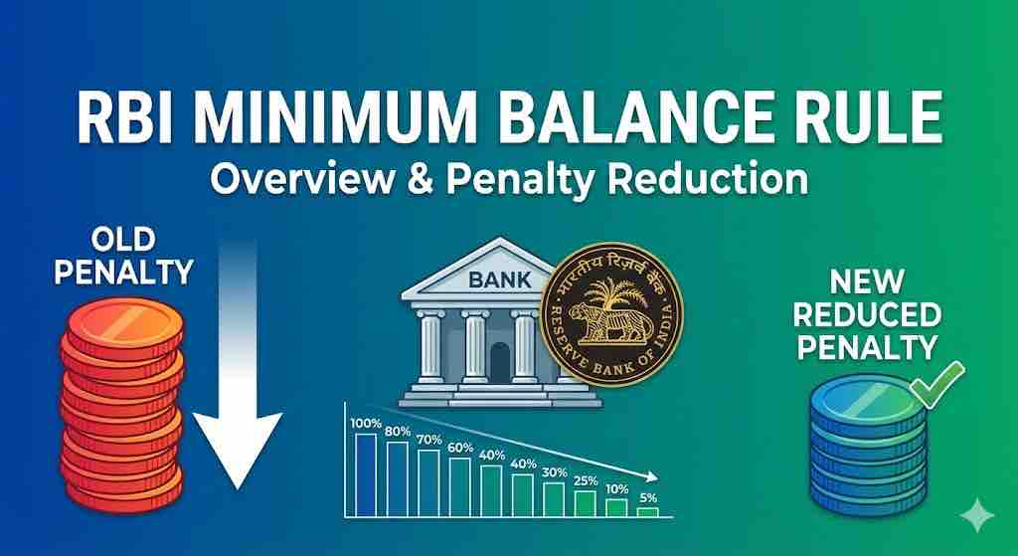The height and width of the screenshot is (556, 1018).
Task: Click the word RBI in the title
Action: (x=147, y=126)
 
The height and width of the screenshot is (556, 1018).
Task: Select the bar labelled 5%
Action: (x=647, y=511)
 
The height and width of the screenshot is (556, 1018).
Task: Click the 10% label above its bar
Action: (x=617, y=490)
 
